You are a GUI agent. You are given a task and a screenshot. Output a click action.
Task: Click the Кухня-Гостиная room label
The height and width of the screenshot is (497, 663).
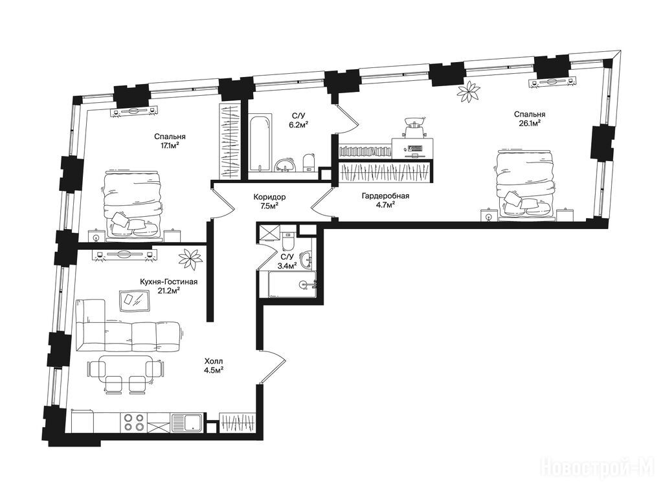(169, 282)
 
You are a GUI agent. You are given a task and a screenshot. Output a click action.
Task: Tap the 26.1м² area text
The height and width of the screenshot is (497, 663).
(530, 123)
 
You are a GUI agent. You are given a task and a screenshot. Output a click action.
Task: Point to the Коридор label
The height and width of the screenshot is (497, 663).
(269, 197)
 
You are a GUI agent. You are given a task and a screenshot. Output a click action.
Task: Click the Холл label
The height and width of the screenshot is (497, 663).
(214, 361)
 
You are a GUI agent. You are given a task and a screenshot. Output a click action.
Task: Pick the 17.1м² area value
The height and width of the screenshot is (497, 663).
(170, 146)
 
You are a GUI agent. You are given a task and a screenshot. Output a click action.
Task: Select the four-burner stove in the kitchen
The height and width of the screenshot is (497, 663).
(133, 422)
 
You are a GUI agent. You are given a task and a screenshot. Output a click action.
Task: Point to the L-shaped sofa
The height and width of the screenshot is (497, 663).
(127, 326)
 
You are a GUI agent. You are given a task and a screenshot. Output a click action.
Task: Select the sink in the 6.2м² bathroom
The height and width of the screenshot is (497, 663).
(286, 165)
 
